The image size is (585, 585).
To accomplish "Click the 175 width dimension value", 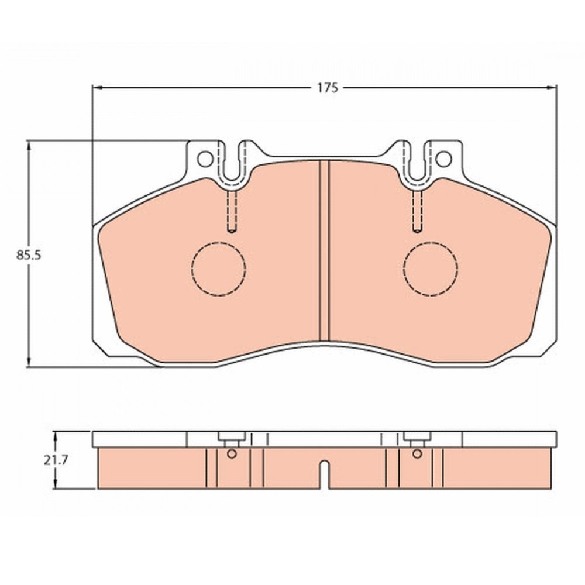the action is coord(328,88).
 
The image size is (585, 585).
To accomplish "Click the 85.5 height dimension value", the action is coord(28,255).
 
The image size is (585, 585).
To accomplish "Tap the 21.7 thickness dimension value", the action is coord(56,461).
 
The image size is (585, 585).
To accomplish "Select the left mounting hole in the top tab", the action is coord(205,159).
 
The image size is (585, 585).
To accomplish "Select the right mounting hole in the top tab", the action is coord(443,159).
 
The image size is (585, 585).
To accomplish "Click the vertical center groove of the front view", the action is coord(325,250).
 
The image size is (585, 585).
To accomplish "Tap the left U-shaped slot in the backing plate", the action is coord(232,179).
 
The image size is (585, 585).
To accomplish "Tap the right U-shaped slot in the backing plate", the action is coord(418,179).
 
